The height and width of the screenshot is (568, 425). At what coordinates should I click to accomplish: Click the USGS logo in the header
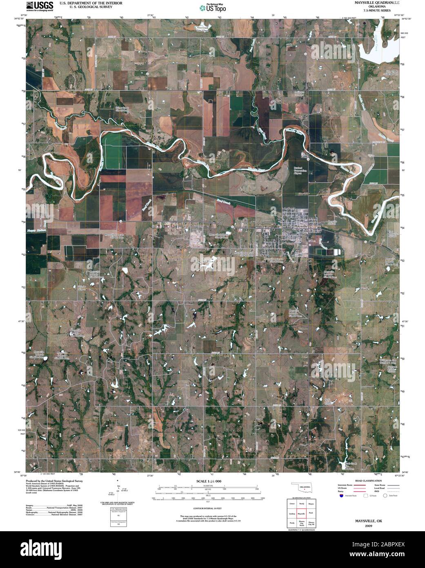[40, 6]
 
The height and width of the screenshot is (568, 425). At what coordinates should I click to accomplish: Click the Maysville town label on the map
[300, 226]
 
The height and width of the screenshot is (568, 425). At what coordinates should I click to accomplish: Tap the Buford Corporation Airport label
[300, 170]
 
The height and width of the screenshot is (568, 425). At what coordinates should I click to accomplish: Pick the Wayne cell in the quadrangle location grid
[312, 505]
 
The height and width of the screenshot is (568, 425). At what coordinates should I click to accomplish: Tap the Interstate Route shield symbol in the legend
[340, 495]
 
